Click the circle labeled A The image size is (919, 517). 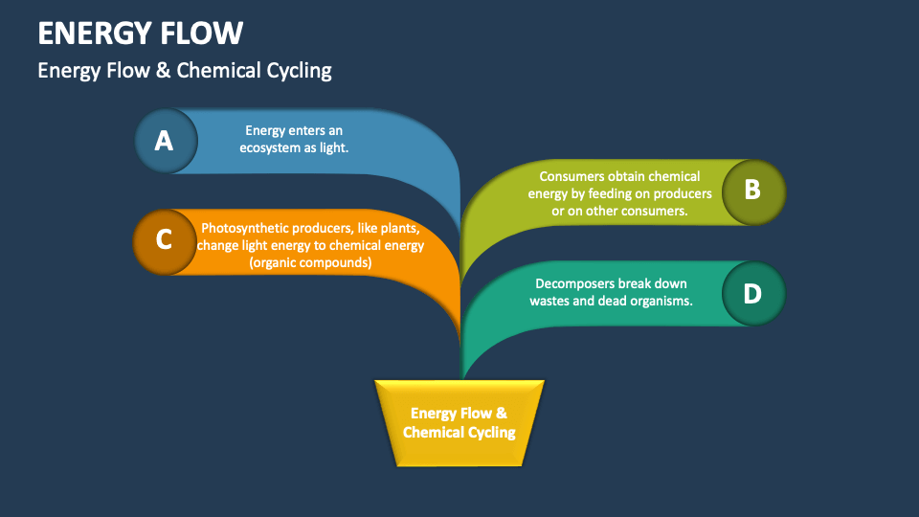coord(165,141)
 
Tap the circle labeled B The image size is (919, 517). coord(752,191)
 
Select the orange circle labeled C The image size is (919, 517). coord(164,240)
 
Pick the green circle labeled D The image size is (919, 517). coord(752,293)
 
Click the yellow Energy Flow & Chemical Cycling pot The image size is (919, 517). coord(459,422)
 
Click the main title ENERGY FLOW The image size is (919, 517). coord(140,34)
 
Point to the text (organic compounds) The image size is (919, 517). coord(310,262)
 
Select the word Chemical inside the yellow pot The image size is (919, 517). coord(434,432)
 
